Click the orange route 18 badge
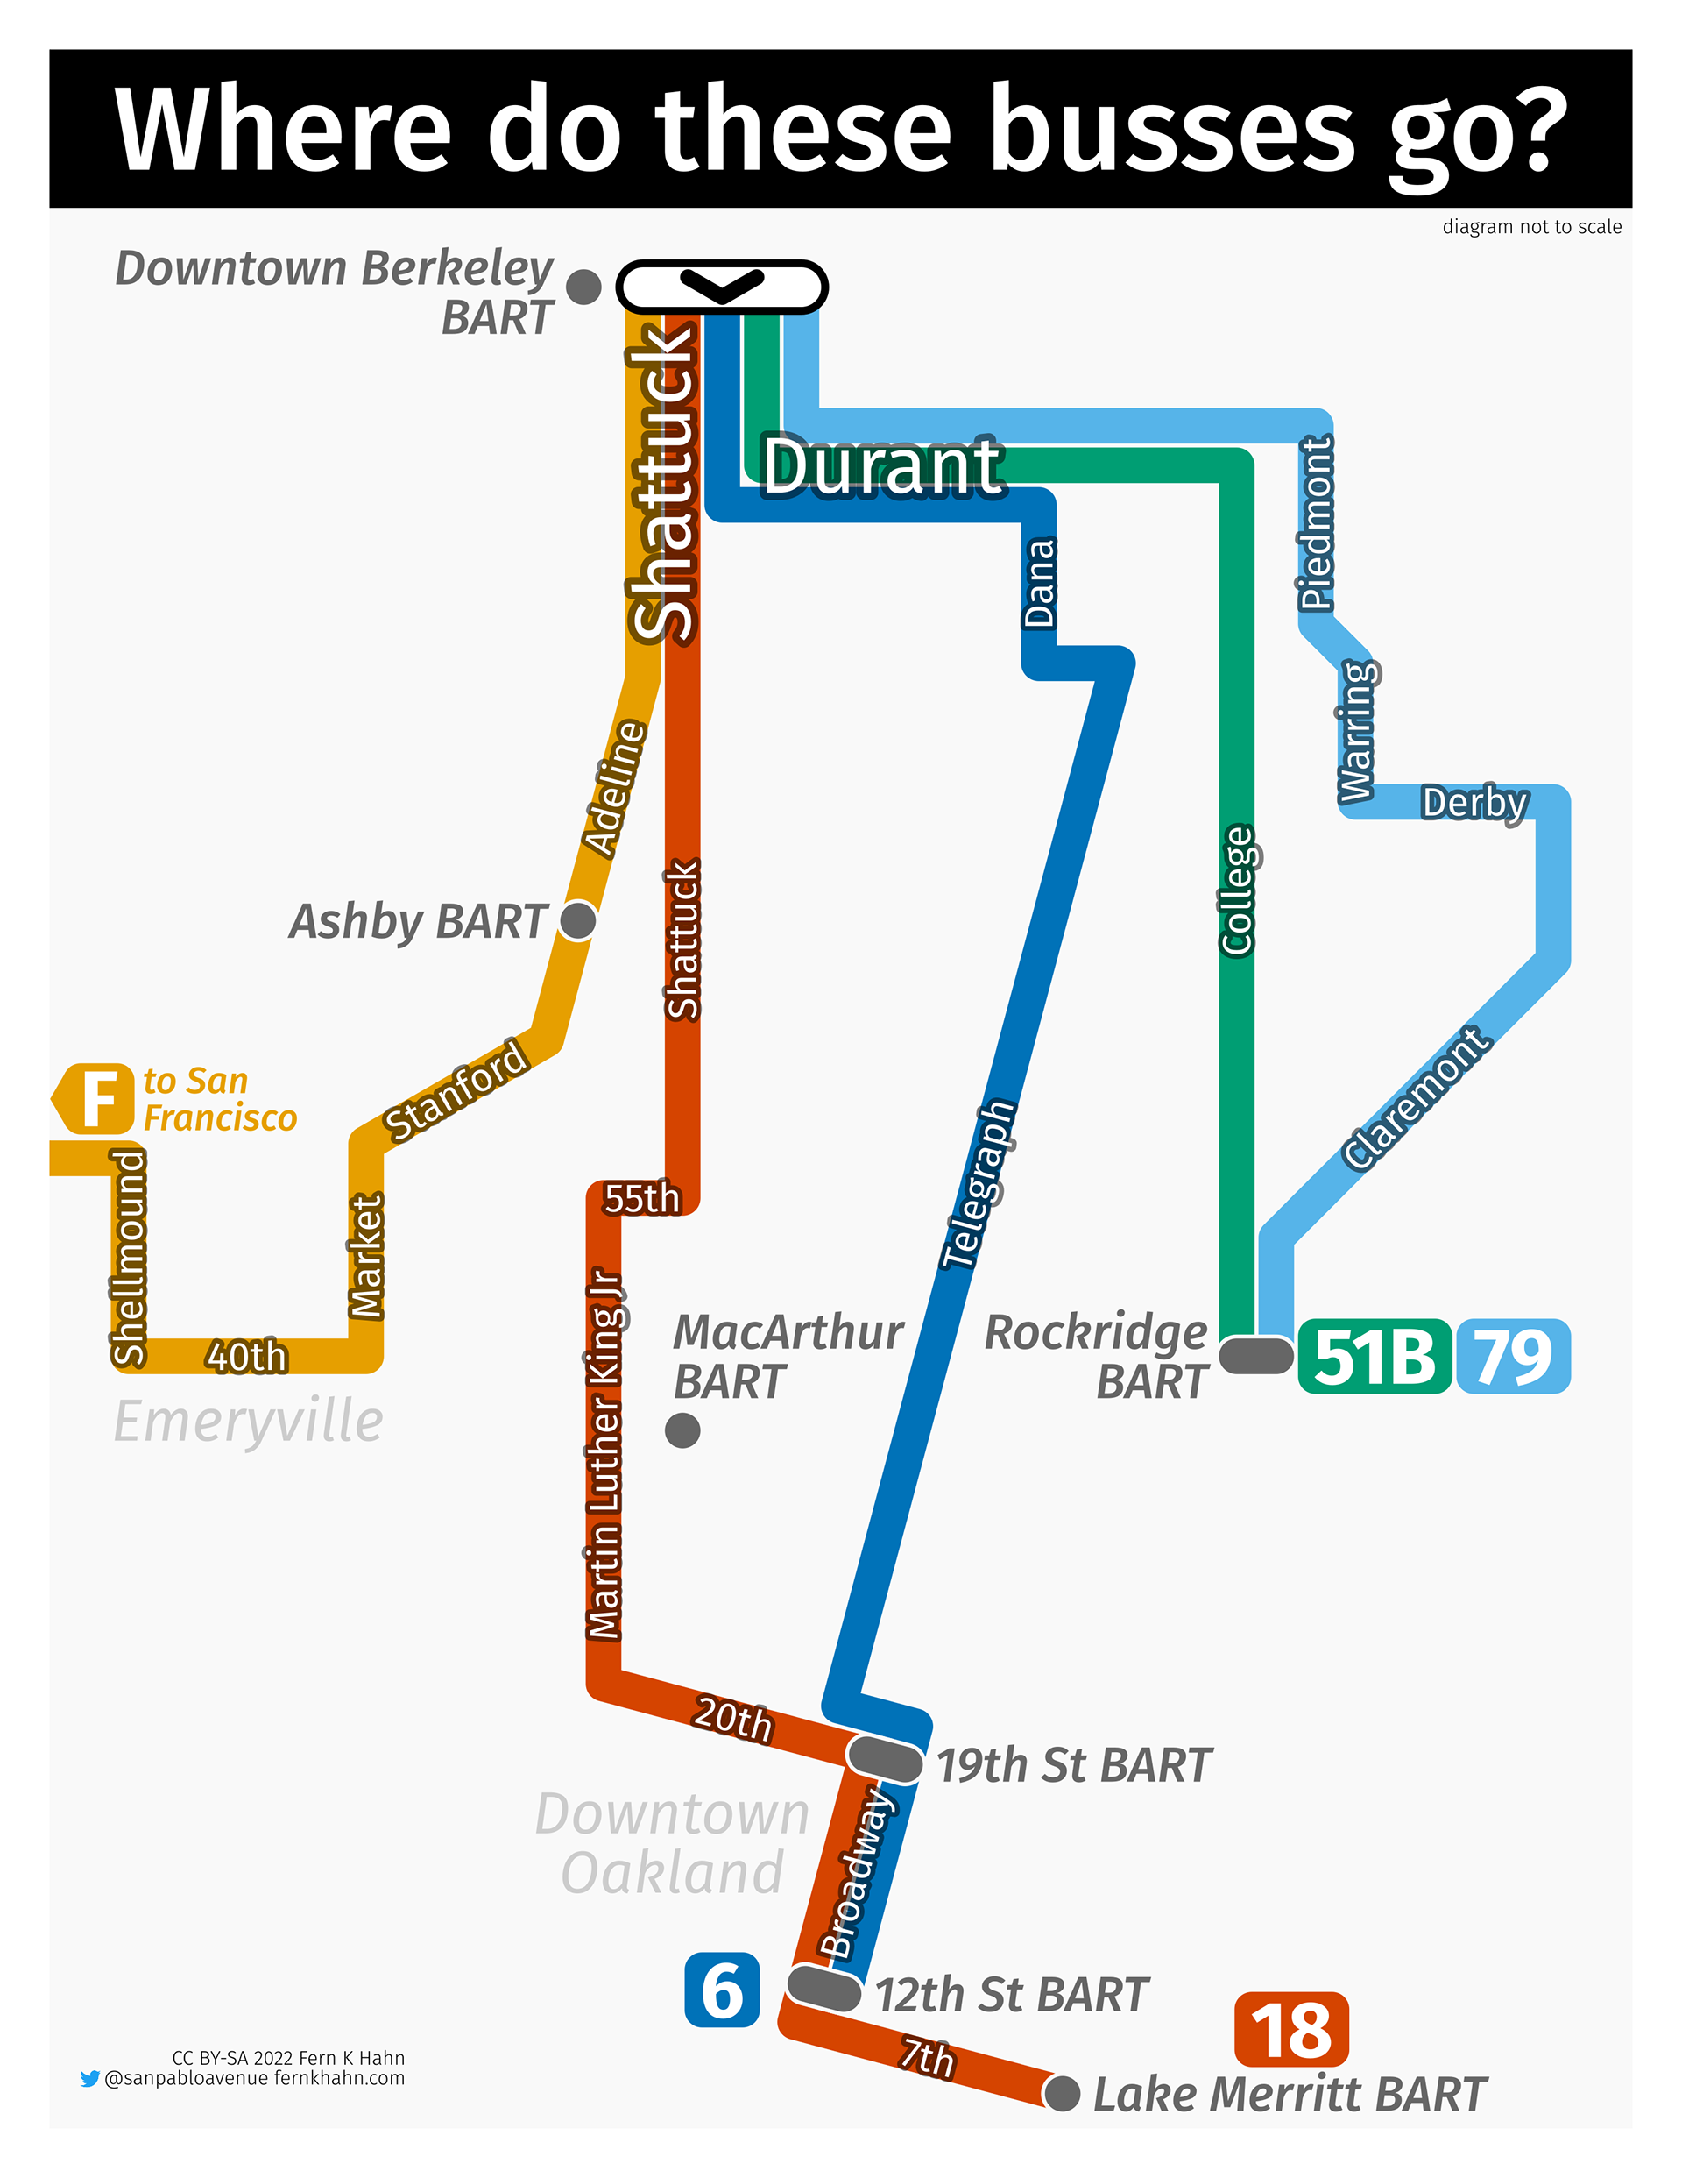coord(1290,2029)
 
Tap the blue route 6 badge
coord(722,1990)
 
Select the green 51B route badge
coord(1374,1356)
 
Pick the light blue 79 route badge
coord(1513,1356)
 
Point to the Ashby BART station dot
coord(577,919)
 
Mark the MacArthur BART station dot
coord(682,1430)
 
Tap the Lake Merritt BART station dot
coord(1062,2093)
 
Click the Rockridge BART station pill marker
coord(1256,1355)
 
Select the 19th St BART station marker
coord(885,1758)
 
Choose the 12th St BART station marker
coord(823,1989)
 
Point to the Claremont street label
coord(1416,1097)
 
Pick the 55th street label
coord(641,1198)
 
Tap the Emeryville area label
coord(248,1421)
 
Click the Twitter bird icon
coord(89,2078)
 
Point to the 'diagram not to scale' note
coord(1531,226)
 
